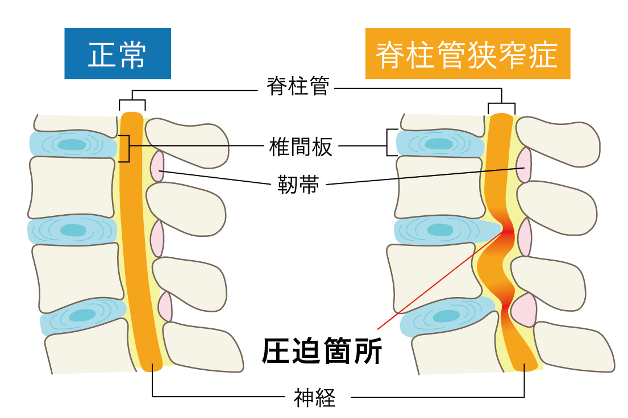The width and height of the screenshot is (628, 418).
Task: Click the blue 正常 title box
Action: point(118,53)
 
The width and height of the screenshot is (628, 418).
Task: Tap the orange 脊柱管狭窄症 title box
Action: point(467,53)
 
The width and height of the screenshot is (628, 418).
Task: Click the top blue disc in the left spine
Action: point(73,144)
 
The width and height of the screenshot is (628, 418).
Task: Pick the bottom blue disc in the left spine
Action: point(82,316)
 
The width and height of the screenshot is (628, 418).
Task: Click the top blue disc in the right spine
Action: point(439,143)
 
